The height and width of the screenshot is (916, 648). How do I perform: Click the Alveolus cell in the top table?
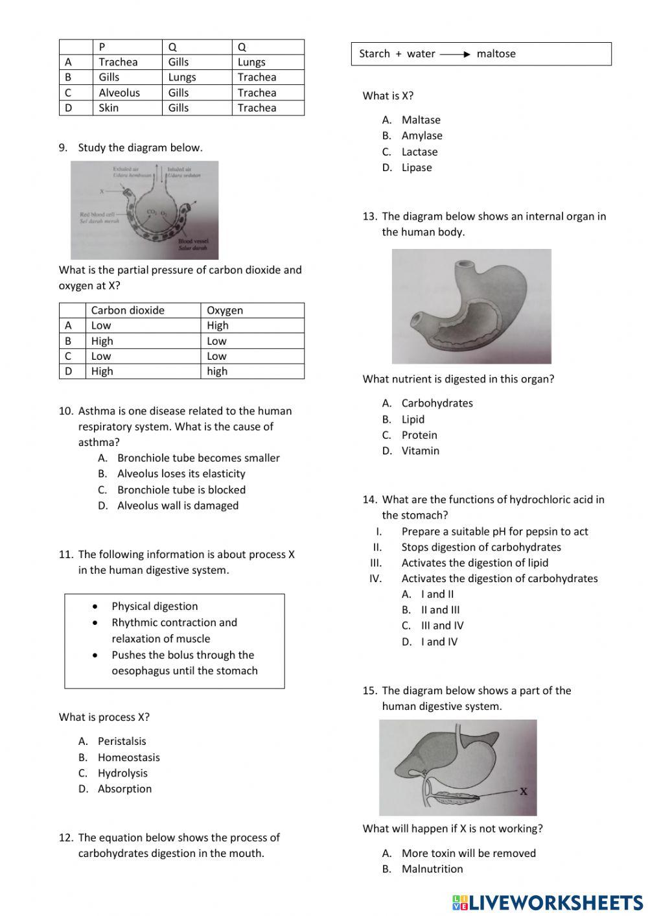click(119, 93)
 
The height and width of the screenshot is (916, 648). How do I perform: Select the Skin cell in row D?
click(109, 108)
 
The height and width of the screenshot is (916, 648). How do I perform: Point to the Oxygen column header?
click(225, 311)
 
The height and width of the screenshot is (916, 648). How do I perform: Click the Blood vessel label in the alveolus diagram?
click(191, 244)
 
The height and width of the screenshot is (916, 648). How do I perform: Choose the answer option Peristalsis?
click(122, 741)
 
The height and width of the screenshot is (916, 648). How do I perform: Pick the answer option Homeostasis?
click(128, 757)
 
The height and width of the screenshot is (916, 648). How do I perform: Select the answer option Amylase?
click(422, 135)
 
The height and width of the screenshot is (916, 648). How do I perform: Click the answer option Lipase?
click(417, 167)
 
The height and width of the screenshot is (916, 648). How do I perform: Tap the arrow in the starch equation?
click(456, 54)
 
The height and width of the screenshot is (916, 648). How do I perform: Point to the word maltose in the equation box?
click(496, 54)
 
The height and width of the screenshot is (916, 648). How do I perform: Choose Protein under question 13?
click(419, 435)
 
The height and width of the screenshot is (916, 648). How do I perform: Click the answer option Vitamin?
click(420, 451)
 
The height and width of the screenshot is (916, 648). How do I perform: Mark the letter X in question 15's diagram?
click(524, 791)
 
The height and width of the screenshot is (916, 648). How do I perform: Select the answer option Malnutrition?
click(432, 869)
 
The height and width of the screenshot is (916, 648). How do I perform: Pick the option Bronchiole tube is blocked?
click(181, 490)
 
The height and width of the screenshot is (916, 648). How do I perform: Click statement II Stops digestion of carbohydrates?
click(481, 547)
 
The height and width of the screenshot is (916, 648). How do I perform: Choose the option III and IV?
click(442, 626)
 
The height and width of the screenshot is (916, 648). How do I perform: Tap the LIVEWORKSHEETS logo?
click(548, 902)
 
